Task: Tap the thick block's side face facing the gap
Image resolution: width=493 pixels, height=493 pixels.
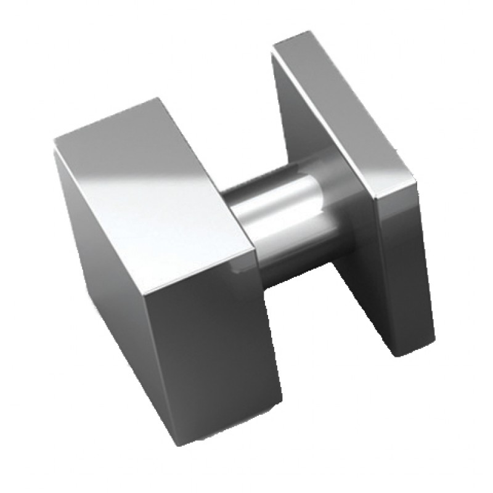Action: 216,345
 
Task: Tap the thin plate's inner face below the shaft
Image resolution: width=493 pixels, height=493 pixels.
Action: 364,308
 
